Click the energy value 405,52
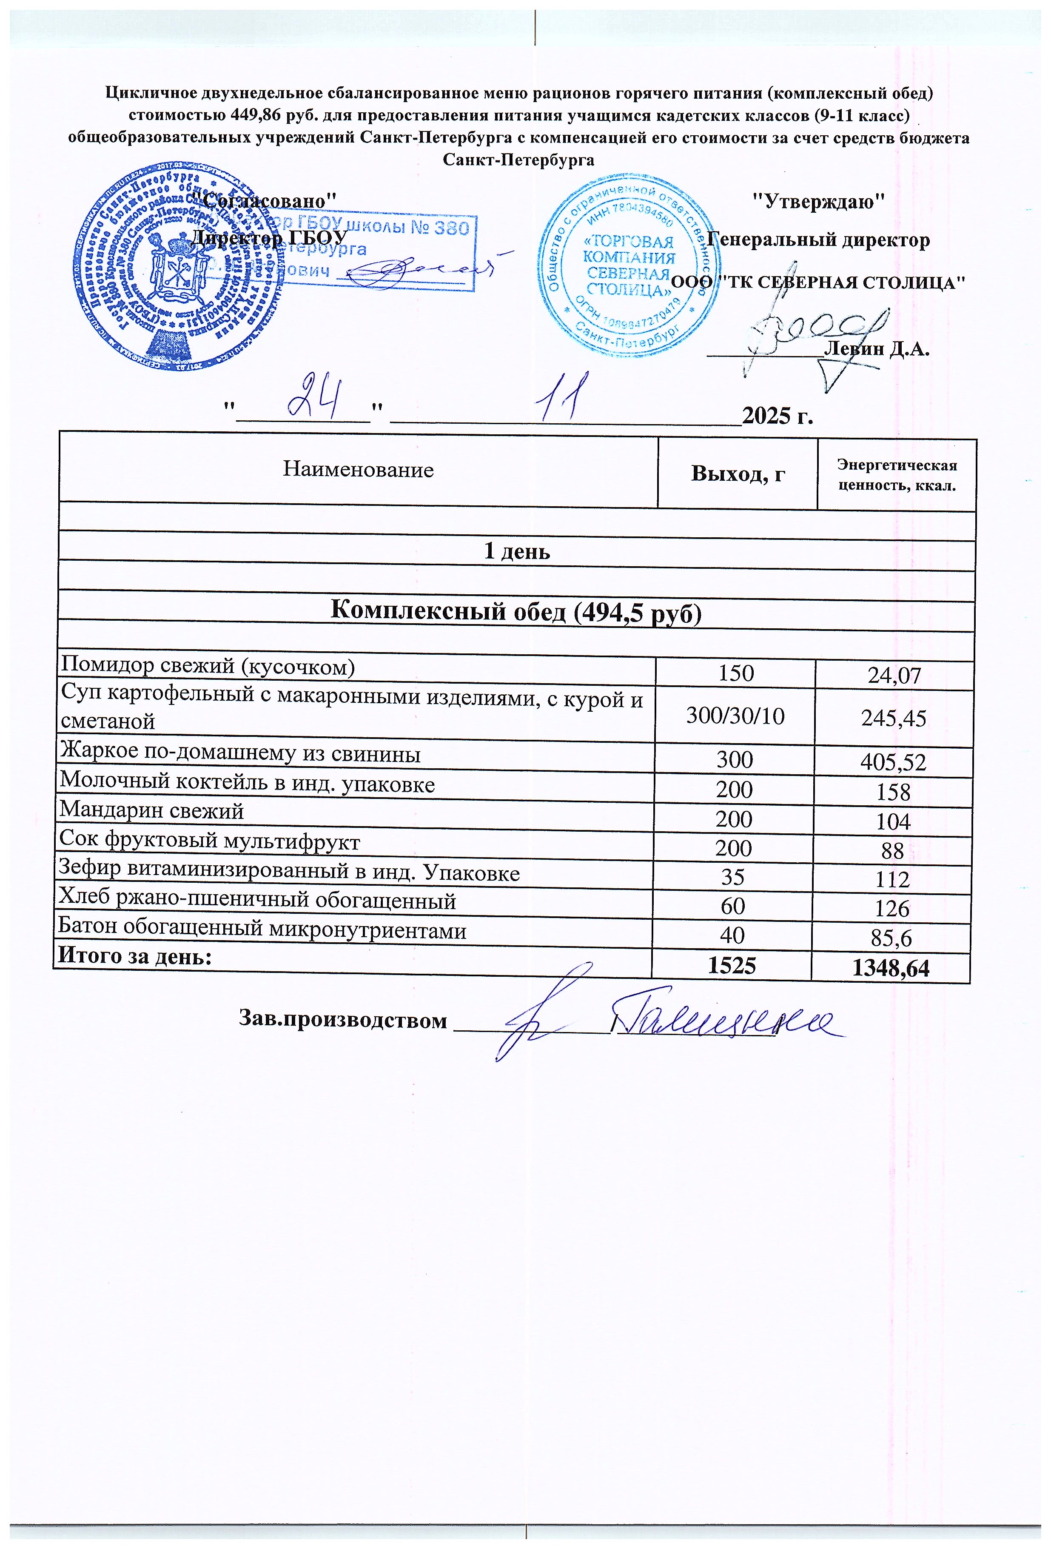point(893,762)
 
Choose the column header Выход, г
point(738,473)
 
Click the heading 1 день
point(517,552)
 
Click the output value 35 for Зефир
point(733,877)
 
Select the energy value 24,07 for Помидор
point(894,676)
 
